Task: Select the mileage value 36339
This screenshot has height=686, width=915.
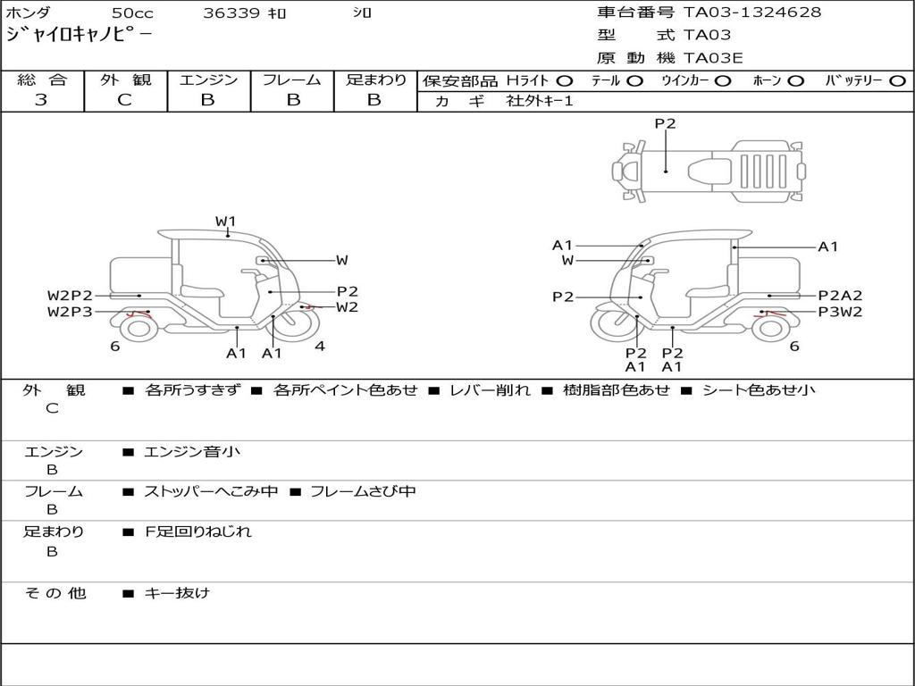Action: [x=231, y=13]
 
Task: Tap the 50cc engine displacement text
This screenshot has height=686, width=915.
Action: [x=130, y=13]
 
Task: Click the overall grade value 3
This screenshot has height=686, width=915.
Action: [x=41, y=100]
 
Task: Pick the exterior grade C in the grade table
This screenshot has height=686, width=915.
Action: [x=124, y=100]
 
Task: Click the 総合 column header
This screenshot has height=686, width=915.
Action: [x=42, y=80]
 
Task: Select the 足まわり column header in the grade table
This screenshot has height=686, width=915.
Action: [x=375, y=80]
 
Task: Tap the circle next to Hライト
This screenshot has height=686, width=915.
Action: [x=565, y=81]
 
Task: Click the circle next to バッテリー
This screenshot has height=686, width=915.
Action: [x=897, y=81]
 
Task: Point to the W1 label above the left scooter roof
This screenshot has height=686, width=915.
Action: [x=225, y=221]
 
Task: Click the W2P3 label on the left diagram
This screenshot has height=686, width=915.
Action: [x=70, y=312]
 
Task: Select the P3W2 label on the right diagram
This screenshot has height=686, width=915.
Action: [x=840, y=312]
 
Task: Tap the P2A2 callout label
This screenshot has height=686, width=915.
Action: [x=840, y=296]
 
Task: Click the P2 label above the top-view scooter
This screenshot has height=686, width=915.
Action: [x=665, y=124]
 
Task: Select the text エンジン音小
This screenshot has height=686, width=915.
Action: [x=192, y=452]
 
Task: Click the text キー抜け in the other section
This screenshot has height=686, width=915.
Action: [x=177, y=592]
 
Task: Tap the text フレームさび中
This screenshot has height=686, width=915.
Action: [x=363, y=491]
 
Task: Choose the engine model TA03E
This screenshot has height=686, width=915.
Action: [x=713, y=58]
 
